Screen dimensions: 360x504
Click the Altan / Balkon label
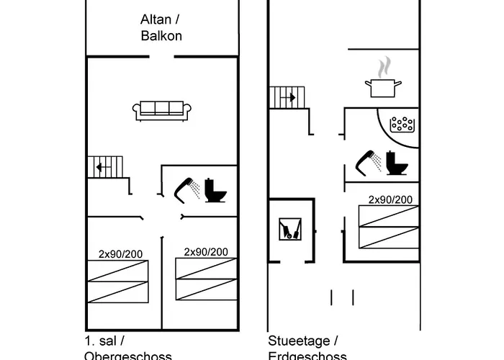[x=161, y=28]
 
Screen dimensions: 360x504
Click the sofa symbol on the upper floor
[x=162, y=109]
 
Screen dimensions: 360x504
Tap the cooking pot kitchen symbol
[x=384, y=87]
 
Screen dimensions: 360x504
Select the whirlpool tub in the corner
[x=402, y=123]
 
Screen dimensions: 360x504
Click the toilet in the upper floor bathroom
[x=214, y=190]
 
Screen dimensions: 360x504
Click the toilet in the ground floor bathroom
[x=395, y=163]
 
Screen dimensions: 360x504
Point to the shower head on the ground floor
[x=368, y=161]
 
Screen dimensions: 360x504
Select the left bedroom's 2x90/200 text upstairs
[x=121, y=253]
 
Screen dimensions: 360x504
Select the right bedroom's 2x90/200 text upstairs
[x=206, y=251]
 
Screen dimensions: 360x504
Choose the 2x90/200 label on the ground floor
[x=390, y=199]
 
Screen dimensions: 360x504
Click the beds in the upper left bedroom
[x=117, y=281]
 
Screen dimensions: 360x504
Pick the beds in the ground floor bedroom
[x=388, y=228]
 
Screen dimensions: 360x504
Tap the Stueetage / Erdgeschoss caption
[x=307, y=348]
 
